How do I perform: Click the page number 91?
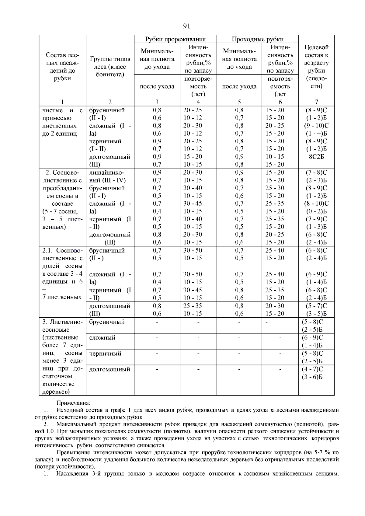[x=187, y=26]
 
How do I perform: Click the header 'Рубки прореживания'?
[x=175, y=39]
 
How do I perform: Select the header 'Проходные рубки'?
[x=257, y=39]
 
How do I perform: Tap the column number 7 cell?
[x=316, y=102]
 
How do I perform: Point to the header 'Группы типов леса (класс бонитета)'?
[x=110, y=67]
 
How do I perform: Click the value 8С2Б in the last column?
[x=316, y=157]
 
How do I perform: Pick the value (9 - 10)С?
[x=316, y=126]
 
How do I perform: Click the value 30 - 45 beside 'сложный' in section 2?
[x=192, y=204]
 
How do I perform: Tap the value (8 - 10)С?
[x=316, y=204]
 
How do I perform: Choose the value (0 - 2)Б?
[x=316, y=211]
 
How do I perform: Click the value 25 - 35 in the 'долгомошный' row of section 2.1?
[x=192, y=306]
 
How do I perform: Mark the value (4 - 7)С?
[x=316, y=369]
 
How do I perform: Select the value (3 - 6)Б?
[x=316, y=377]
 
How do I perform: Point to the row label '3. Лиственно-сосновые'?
[x=62, y=326]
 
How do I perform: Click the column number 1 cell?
[x=62, y=102]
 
